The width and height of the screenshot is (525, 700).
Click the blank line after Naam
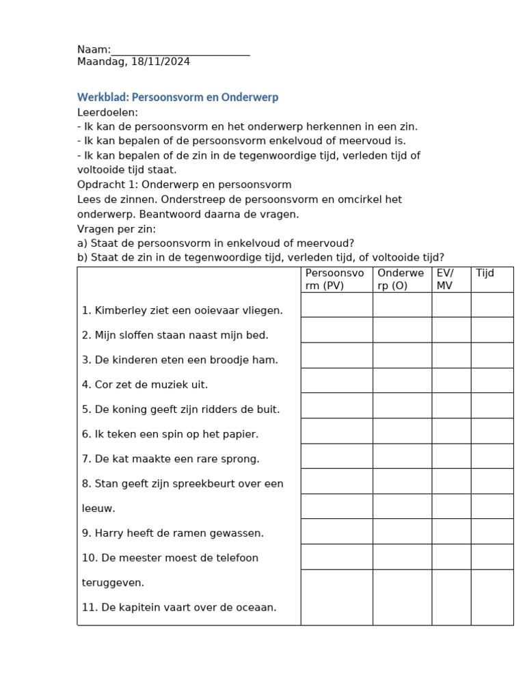tap(180, 51)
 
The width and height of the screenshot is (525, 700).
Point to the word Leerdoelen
tap(107, 112)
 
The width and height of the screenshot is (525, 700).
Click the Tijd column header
tap(485, 273)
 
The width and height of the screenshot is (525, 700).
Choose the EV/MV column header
tap(444, 280)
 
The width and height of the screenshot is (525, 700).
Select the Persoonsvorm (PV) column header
tap(335, 280)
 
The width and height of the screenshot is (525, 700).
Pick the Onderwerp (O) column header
tap(401, 280)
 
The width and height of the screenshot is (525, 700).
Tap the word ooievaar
tap(205, 310)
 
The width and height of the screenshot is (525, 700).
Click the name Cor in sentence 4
tap(103, 384)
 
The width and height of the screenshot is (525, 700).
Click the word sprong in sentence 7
tap(243, 459)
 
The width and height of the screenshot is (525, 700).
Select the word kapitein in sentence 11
tap(142, 607)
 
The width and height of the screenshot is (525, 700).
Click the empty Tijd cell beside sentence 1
tap(492, 305)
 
